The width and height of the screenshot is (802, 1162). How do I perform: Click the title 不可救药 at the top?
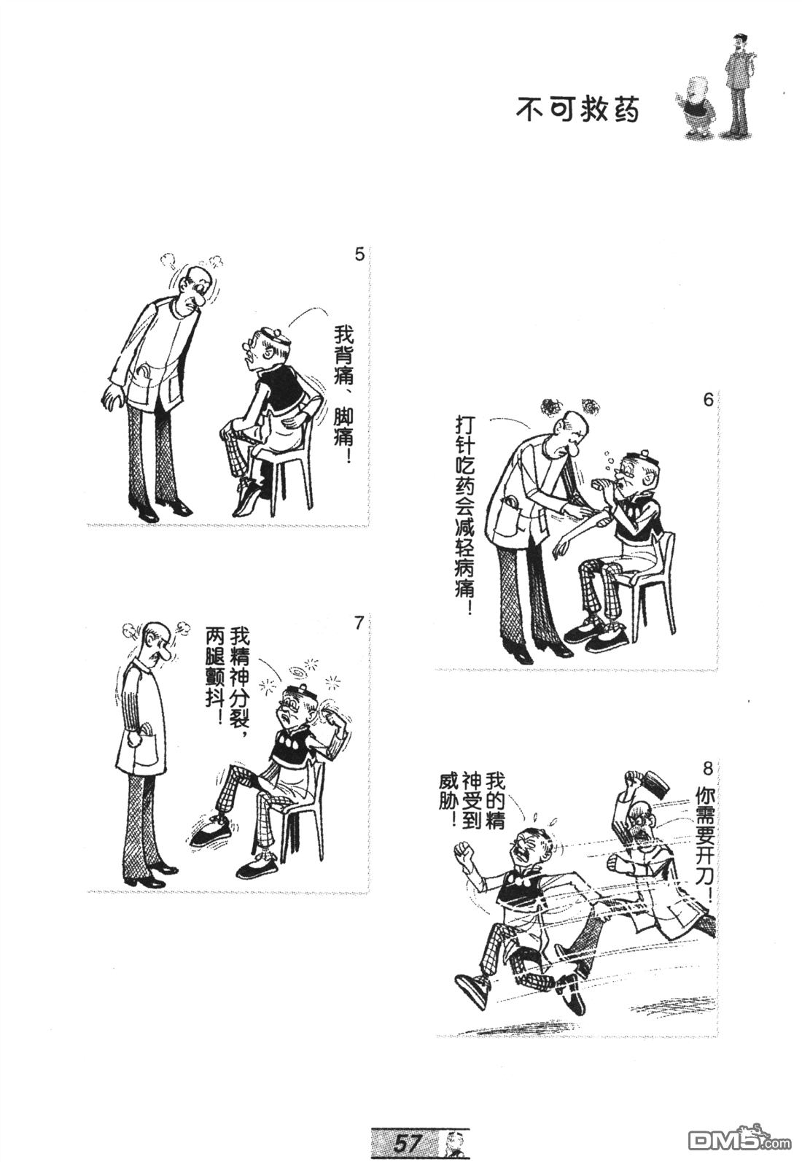point(577,109)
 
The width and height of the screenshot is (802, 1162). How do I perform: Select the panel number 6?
point(708,401)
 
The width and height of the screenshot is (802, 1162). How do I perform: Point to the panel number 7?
point(357,624)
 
